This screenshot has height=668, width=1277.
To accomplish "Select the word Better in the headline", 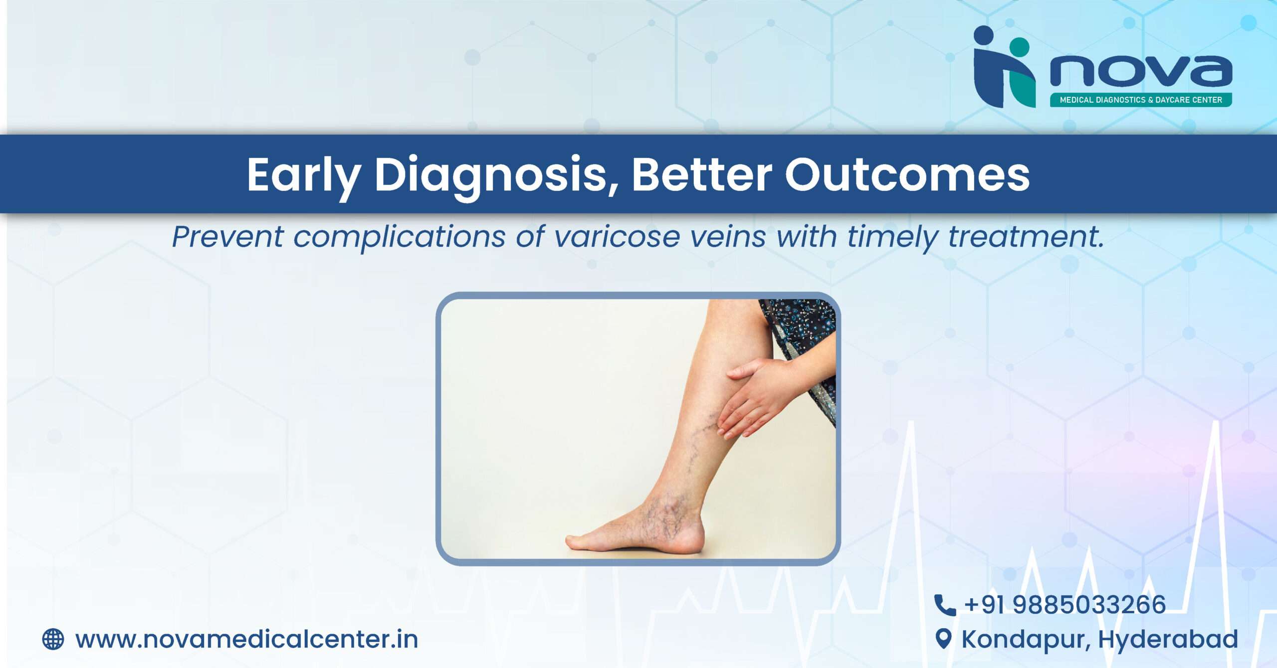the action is pos(702,174).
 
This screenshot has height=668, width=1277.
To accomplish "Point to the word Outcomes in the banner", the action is pos(907,174).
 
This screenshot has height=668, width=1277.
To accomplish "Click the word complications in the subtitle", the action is pos(400,237).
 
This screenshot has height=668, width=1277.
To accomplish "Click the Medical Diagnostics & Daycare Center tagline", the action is pos(1141,100).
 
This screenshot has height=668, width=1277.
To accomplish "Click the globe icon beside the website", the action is pos(53,639).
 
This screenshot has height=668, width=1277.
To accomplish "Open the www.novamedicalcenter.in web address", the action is pos(246,640).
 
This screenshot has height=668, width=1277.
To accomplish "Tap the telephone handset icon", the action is pos(945,605).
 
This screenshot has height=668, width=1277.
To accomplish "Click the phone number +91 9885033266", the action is pos(1065,605).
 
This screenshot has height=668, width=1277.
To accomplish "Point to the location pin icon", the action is pos(943,639).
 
